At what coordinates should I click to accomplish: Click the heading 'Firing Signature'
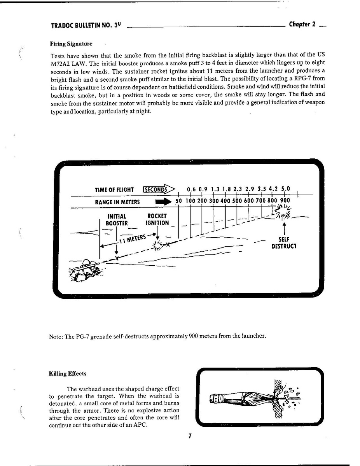pyautogui.click(x=71, y=43)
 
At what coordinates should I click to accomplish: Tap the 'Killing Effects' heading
pyautogui.click(x=67, y=374)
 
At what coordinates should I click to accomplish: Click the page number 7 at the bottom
pyautogui.click(x=190, y=436)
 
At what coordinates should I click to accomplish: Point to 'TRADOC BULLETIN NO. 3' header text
pyautogui.click(x=86, y=26)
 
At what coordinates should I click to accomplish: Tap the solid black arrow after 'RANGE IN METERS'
pyautogui.click(x=163, y=202)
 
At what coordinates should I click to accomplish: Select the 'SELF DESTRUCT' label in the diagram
pyautogui.click(x=284, y=243)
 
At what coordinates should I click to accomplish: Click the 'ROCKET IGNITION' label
pyautogui.click(x=157, y=219)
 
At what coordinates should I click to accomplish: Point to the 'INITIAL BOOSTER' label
pyautogui.click(x=117, y=219)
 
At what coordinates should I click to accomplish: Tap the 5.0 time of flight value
pyautogui.click(x=286, y=189)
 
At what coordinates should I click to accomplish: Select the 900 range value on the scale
pyautogui.click(x=285, y=201)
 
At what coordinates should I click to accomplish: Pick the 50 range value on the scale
pyautogui.click(x=179, y=201)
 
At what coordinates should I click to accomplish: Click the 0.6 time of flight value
pyautogui.click(x=191, y=189)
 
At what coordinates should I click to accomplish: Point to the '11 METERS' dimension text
pyautogui.click(x=132, y=238)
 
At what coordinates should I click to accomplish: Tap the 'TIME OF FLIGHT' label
pyautogui.click(x=114, y=190)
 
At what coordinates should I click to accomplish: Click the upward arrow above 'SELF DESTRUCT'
pyautogui.click(x=284, y=227)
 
